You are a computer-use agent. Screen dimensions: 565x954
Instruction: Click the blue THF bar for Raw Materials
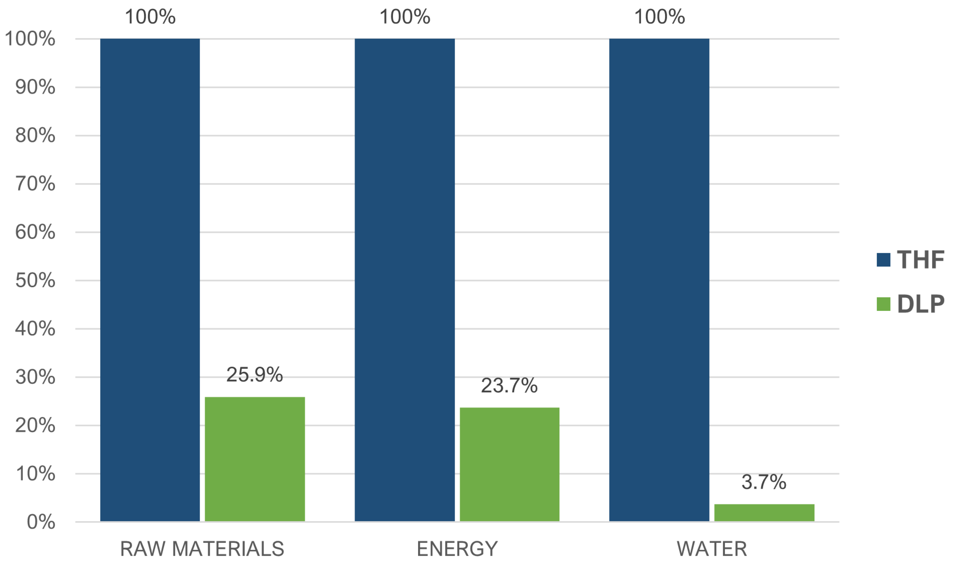coord(150,280)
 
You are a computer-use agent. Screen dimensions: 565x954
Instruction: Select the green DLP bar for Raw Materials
coord(255,459)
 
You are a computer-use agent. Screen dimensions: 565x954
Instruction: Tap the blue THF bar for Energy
coord(405,280)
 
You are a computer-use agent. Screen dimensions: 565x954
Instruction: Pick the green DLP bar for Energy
coord(509,464)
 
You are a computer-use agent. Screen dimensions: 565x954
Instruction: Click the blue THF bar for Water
coord(659,280)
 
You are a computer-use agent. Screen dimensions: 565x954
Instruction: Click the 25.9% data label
coord(255,375)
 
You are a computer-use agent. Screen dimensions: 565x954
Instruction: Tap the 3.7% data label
coord(764,482)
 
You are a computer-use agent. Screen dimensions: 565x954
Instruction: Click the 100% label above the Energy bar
coord(405,17)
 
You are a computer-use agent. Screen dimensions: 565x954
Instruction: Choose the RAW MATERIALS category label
coord(202,549)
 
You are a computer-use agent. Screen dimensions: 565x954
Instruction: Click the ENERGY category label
coord(457,549)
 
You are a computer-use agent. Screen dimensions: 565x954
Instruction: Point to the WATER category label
coord(712,549)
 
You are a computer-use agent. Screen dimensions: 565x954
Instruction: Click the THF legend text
coord(920,260)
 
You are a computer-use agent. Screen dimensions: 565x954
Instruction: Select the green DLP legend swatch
coord(883,304)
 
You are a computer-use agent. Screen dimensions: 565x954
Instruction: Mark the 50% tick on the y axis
coord(35,281)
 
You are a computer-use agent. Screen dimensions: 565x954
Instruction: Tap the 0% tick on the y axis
coord(41,522)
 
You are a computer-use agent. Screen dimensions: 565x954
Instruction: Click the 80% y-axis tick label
coord(35,136)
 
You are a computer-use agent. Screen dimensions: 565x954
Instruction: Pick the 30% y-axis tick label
coord(35,377)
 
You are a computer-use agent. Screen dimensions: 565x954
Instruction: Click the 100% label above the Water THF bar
coord(659,17)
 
